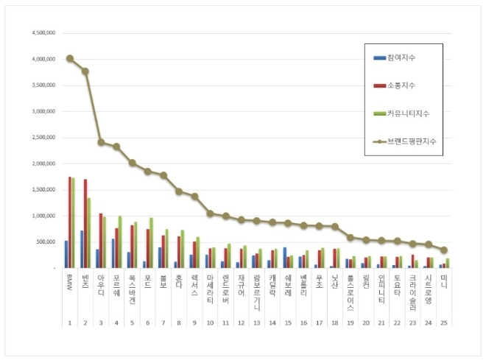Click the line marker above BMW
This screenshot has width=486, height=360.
[x=69, y=58]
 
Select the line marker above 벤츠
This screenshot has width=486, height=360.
[x=85, y=71]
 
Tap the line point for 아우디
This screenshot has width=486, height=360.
[x=101, y=142]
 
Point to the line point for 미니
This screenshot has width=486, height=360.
[x=444, y=250]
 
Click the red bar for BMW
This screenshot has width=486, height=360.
[x=70, y=222]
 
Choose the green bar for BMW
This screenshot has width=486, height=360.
[x=74, y=222]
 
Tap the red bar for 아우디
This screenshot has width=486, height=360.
[x=101, y=241]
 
